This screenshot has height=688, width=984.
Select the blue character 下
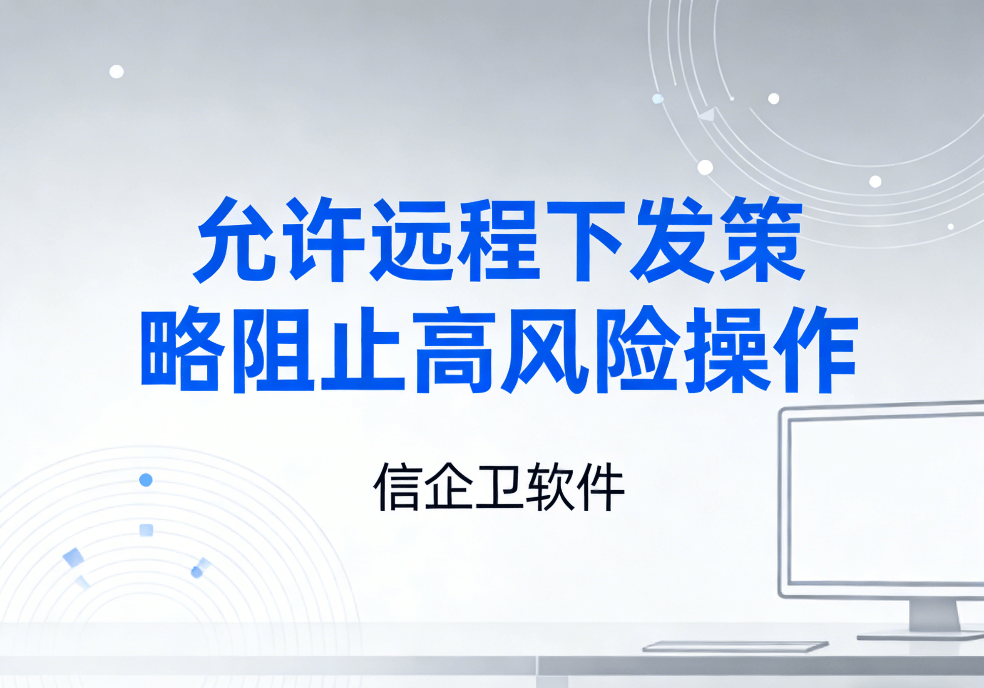pos(585,240)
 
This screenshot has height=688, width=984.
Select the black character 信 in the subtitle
pos(396,487)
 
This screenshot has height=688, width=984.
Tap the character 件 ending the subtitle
pos(600,487)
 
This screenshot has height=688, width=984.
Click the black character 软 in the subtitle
pos(549,487)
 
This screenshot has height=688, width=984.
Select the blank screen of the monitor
pos(887,502)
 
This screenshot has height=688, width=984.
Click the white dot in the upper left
pos(117,72)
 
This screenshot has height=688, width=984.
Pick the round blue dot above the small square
pos(146,480)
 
